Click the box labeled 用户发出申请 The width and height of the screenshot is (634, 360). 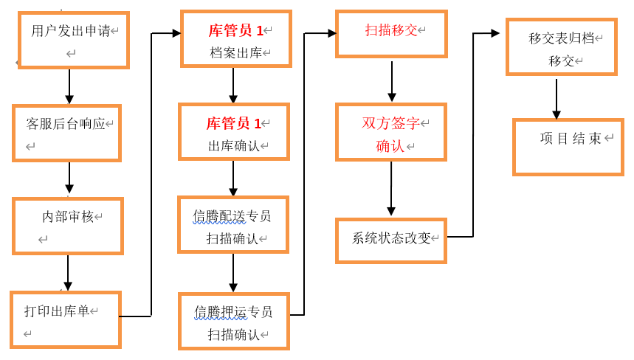(74, 40)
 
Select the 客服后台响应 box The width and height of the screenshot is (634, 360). (66, 133)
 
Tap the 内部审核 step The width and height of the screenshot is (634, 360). (68, 226)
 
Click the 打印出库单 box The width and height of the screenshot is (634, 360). (66, 319)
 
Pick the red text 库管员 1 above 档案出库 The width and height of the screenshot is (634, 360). (235, 31)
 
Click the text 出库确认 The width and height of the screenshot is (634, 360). (234, 146)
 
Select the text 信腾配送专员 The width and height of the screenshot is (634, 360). (232, 216)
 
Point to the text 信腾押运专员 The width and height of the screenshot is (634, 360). (233, 312)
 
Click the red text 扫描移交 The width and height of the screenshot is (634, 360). (391, 30)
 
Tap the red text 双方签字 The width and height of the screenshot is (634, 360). (391, 123)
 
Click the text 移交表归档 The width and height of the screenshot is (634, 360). (561, 38)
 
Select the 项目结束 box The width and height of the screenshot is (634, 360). (568, 147)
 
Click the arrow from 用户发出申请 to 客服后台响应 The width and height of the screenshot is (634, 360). (69, 86)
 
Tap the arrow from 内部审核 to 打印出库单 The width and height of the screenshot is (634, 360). (68, 272)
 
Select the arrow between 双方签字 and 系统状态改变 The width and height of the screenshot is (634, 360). (391, 189)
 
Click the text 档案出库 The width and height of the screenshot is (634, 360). (235, 53)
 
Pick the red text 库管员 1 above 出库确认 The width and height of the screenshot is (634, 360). (233, 124)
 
